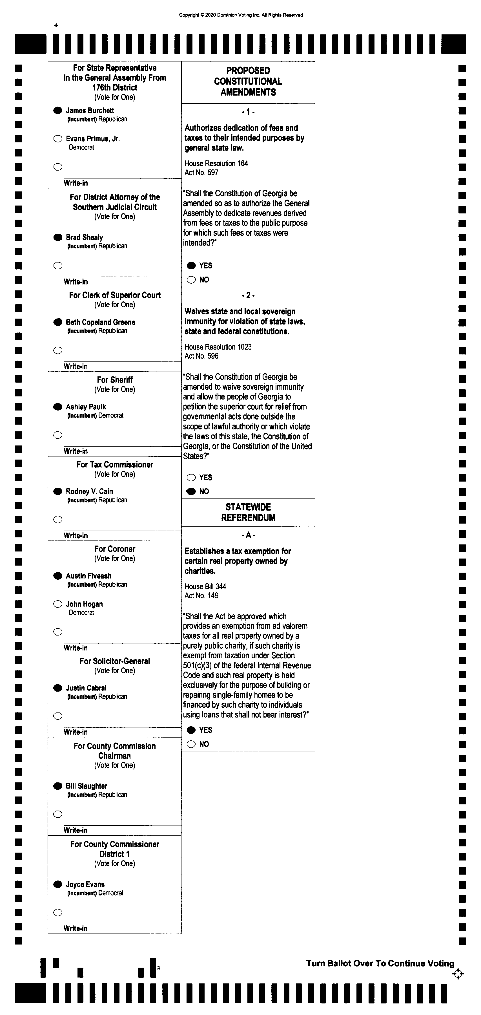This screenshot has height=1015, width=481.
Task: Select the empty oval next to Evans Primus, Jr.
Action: [x=58, y=139]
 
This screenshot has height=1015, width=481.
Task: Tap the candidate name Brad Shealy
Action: [x=84, y=237]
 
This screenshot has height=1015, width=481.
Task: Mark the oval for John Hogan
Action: [x=58, y=604]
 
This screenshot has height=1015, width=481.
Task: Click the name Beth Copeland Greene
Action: [x=100, y=322]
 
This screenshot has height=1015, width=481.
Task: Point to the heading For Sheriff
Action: [x=115, y=380]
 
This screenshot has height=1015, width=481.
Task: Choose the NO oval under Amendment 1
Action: [x=191, y=280]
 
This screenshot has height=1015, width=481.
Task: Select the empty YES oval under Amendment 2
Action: [x=191, y=478]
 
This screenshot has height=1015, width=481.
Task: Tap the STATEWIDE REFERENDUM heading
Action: [x=248, y=512]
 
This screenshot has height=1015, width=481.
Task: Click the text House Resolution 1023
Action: [x=218, y=347]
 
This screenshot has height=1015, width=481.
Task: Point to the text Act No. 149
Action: [x=201, y=595]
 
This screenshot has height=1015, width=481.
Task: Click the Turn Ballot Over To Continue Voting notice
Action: [x=380, y=963]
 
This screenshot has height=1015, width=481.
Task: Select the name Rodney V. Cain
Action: [x=89, y=491]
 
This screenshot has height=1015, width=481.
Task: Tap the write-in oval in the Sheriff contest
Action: [x=58, y=435]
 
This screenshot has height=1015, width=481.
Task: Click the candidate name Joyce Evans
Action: [x=85, y=884]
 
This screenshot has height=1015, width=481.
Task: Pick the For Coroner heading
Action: [x=115, y=549]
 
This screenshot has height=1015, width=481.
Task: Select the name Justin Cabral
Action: [x=86, y=688]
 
